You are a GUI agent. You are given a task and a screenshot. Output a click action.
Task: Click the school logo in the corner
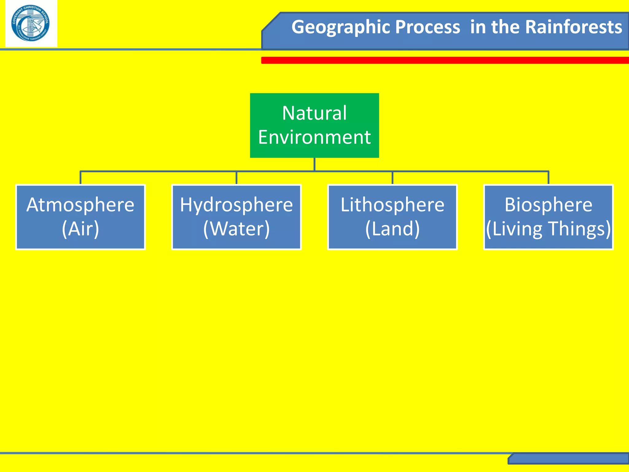31,24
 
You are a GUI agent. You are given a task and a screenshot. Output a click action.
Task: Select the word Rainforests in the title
574,27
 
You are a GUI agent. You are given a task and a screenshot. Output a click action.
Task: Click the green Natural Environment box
314,125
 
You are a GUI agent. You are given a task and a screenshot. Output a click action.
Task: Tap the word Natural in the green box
314,113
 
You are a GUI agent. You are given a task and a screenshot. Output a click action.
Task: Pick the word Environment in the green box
314,137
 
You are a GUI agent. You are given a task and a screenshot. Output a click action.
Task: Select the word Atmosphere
80,205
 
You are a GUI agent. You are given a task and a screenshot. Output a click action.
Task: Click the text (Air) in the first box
80,229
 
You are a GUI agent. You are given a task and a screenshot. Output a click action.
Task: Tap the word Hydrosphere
236,205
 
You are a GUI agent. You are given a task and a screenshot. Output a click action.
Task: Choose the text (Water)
236,229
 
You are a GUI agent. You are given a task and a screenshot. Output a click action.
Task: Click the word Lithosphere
392,205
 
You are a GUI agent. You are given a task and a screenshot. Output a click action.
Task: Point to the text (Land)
392,229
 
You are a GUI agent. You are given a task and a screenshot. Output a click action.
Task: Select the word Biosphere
548,205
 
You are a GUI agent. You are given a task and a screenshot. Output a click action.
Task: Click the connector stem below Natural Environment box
314,164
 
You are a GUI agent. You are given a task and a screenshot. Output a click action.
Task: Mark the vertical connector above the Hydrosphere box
236,178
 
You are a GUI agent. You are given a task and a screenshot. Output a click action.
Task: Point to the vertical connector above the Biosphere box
548,178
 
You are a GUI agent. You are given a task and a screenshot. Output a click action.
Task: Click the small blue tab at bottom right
568,458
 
